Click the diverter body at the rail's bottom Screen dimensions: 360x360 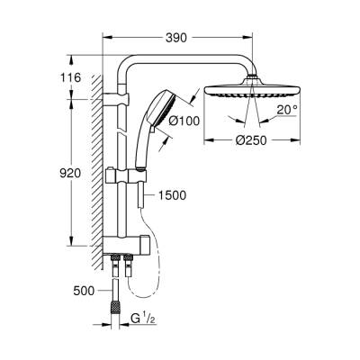123,246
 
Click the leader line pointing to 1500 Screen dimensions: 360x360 148,195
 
